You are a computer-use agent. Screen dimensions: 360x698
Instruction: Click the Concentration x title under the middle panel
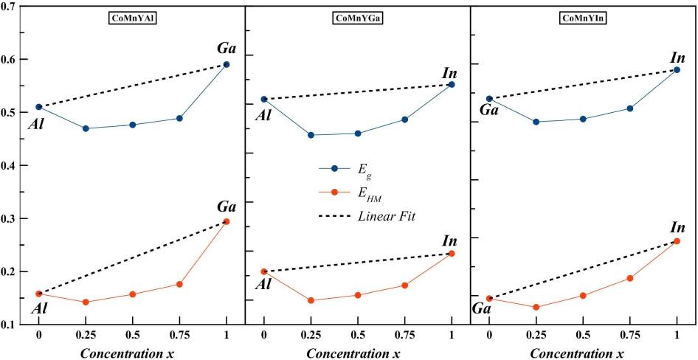[x=357, y=352]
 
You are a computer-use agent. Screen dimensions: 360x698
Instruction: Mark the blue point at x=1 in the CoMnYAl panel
[x=227, y=65]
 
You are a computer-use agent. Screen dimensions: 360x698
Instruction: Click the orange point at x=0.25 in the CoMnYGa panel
[x=311, y=300]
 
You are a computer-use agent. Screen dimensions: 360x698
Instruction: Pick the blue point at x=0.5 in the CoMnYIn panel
[x=583, y=119]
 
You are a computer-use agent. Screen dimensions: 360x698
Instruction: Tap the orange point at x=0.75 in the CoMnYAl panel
[x=179, y=284]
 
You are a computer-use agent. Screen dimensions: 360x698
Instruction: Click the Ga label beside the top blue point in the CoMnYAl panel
[x=227, y=49]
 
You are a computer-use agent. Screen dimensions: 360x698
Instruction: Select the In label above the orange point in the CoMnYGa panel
[x=449, y=241]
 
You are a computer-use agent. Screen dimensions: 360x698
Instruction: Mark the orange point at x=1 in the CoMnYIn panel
[x=677, y=241]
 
